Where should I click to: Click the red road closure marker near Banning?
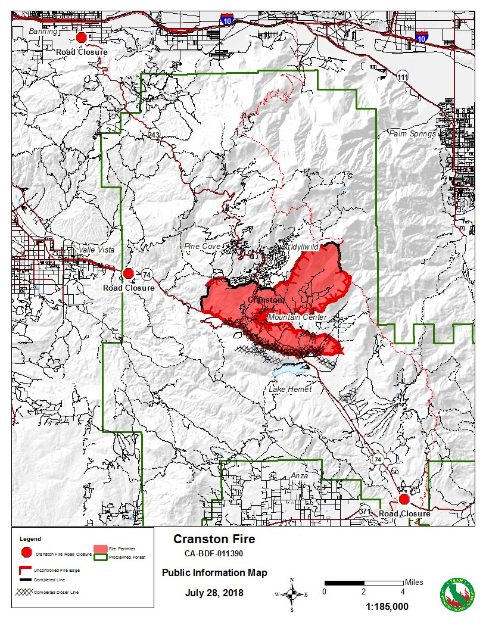click(x=82, y=38)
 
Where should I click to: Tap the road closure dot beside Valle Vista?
click(x=128, y=273)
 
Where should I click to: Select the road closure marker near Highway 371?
click(x=404, y=499)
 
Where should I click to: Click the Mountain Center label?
click(x=297, y=317)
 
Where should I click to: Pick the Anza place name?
click(x=300, y=475)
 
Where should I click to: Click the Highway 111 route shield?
click(x=403, y=77)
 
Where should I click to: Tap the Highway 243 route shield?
click(x=154, y=135)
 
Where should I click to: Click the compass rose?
click(x=292, y=593)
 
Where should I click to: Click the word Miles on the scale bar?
click(x=414, y=582)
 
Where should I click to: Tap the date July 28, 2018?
click(x=214, y=593)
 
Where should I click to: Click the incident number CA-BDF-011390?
click(x=214, y=554)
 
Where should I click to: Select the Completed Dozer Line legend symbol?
click(x=24, y=591)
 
